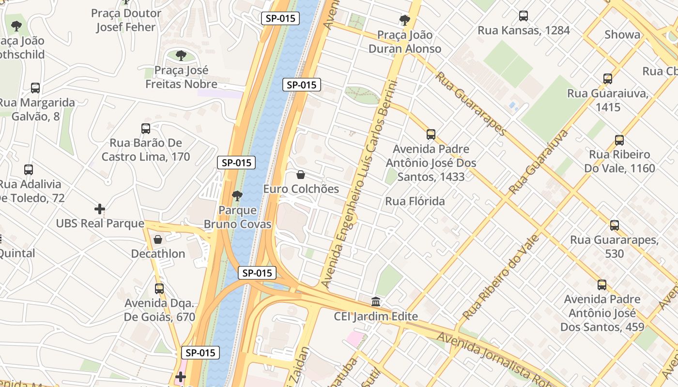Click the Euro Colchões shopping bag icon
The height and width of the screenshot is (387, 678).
tap(301, 175)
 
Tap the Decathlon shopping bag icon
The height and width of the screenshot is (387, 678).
tap(158, 239)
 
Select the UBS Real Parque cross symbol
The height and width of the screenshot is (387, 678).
tap(100, 209)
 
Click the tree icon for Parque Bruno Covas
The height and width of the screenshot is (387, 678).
tap(237, 196)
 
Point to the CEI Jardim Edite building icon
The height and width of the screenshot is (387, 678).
tap(376, 302)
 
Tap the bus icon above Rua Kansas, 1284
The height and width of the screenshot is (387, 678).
tap(524, 16)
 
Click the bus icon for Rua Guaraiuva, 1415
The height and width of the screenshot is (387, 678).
tap(608, 79)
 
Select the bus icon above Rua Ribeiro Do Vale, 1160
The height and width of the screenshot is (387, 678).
tap(619, 140)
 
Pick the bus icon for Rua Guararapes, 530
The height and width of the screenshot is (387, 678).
tap(615, 225)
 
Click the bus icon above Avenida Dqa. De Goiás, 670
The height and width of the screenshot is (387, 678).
tap(159, 289)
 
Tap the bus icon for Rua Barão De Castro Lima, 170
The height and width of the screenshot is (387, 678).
tap(146, 129)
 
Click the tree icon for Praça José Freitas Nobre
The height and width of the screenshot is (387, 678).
tap(181, 56)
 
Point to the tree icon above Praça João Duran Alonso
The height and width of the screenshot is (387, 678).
tap(405, 20)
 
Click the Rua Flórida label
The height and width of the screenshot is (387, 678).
tap(415, 201)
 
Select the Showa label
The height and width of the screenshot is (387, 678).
tap(622, 35)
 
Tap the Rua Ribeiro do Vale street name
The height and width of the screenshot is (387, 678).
tap(501, 277)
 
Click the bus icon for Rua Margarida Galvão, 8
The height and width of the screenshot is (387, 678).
tap(35, 88)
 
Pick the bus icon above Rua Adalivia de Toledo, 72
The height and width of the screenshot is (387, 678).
tap(29, 170)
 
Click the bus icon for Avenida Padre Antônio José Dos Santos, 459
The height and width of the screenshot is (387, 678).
tap(602, 285)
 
